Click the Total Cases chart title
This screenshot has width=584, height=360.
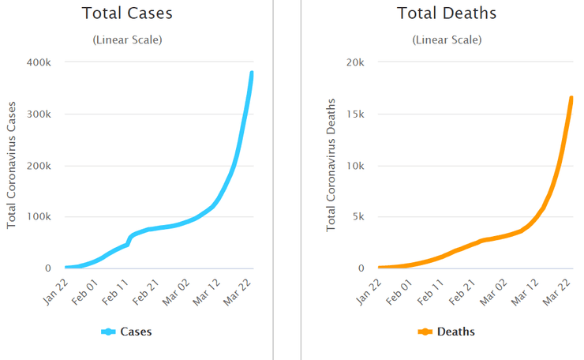click(126, 13)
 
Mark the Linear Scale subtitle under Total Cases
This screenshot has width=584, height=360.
click(126, 39)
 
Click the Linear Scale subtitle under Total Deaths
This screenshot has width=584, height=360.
click(446, 39)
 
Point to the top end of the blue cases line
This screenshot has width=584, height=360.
click(252, 73)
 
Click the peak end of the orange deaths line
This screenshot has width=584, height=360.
click(571, 98)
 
